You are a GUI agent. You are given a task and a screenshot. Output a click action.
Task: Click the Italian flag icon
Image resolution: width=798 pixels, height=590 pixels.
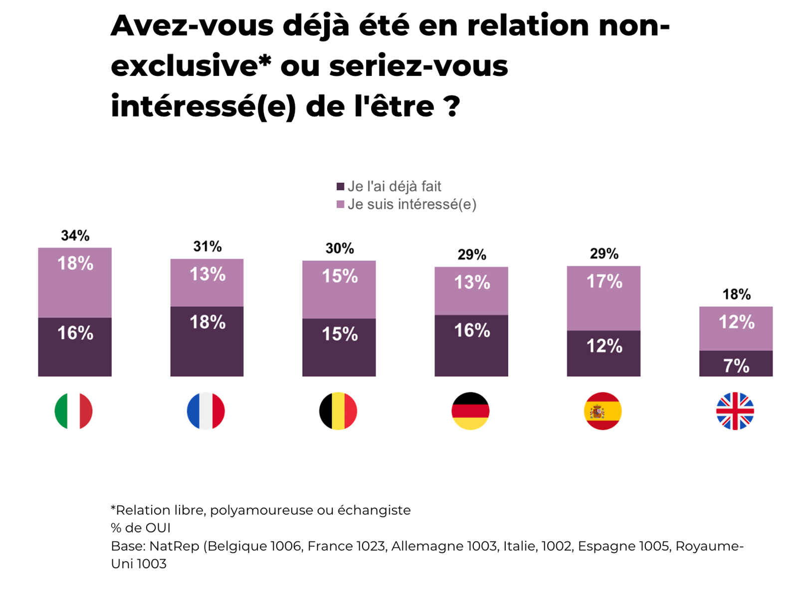[73, 411]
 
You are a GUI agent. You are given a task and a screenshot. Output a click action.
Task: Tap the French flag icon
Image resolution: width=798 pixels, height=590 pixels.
[206, 411]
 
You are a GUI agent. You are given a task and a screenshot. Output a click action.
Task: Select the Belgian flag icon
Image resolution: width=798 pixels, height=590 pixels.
[338, 411]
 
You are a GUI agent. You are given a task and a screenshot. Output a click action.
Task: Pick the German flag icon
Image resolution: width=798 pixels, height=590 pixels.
[470, 411]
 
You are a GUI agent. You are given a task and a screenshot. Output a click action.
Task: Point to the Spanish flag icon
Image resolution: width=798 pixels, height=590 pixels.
[602, 411]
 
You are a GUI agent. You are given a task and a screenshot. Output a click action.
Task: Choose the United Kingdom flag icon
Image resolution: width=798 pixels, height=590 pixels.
[735, 411]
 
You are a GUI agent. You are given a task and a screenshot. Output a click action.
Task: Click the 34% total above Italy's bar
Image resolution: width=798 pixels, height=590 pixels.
[75, 236]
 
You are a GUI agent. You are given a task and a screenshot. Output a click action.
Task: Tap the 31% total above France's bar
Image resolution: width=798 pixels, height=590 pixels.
[207, 247]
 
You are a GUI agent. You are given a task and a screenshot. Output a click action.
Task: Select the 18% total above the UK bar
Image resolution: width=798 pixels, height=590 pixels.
[736, 295]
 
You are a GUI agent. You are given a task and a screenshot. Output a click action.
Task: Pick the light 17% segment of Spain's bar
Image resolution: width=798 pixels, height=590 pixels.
[603, 298]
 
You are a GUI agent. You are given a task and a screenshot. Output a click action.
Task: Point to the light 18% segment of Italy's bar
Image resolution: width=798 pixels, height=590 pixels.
[75, 283]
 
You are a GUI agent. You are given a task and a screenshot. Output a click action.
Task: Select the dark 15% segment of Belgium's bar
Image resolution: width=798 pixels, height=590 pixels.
[339, 347]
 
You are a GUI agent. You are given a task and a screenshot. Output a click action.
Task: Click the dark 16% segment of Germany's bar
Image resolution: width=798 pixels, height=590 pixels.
[471, 345]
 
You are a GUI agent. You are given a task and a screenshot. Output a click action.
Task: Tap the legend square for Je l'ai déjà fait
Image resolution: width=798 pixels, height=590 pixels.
[341, 187]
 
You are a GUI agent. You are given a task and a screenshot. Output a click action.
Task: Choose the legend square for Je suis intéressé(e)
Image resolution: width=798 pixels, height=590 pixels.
[341, 205]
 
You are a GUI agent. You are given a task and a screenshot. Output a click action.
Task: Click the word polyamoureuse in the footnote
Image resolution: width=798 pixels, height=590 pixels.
[265, 510]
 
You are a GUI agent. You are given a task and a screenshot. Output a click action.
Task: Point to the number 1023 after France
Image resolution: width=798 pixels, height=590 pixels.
[371, 546]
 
